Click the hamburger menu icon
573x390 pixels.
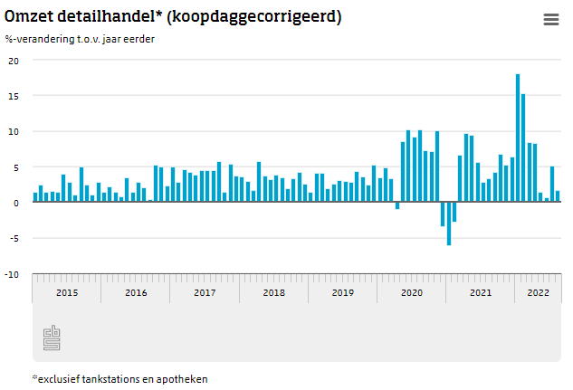(550, 20)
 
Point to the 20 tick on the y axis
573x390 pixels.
(14, 61)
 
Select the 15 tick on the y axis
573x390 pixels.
(14, 96)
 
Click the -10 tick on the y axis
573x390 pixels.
(12, 274)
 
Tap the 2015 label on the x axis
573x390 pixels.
(67, 292)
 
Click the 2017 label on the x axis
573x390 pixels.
(205, 292)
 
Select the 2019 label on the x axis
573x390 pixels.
(342, 292)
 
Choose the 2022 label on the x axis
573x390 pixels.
(538, 292)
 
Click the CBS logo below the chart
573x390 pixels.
(52, 338)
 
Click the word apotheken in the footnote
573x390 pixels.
(183, 379)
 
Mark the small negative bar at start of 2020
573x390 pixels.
(396, 206)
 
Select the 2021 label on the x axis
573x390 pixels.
(480, 292)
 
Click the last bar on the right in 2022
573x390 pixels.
(558, 196)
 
